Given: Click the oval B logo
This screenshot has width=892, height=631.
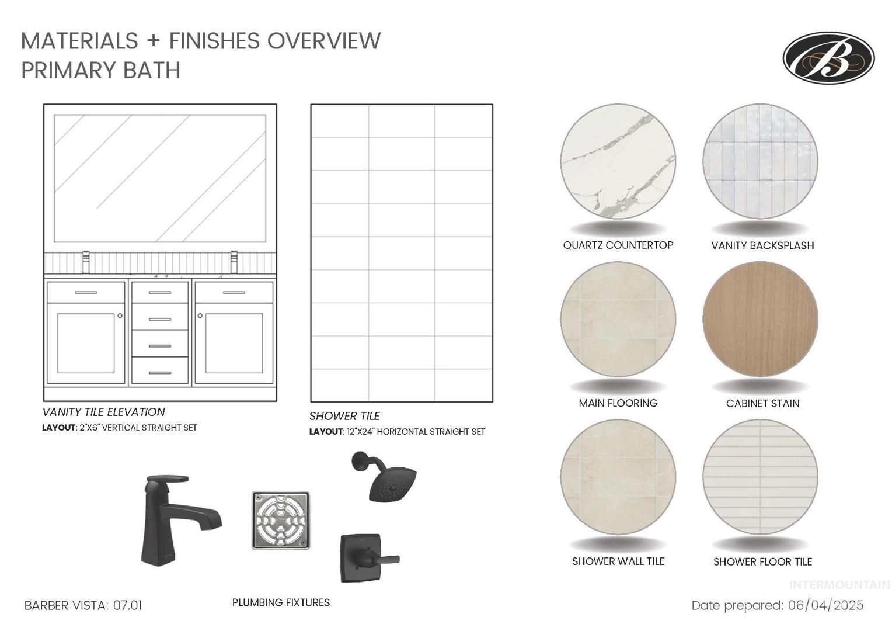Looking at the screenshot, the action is tap(828, 58).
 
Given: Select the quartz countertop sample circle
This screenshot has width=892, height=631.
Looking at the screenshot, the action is tap(618, 161).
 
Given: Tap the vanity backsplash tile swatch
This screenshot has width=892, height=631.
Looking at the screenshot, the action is tap(760, 161).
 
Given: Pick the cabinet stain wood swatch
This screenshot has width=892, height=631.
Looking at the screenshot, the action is tap(760, 319).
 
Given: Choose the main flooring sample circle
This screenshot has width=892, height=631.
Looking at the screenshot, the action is tap(618, 319).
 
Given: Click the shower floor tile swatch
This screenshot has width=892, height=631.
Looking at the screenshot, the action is tap(760, 477).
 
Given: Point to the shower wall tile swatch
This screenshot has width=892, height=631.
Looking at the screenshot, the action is tap(618, 477).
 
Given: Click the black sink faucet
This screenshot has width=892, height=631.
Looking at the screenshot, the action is tap(181, 521).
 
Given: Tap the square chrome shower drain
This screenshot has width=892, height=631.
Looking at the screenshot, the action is tap(281, 521).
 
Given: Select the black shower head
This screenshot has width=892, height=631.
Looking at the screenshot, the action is tap(384, 476).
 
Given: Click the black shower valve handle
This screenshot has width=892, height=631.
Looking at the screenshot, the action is tap(369, 558).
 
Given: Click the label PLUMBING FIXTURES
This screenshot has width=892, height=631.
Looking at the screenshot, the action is tap(281, 602).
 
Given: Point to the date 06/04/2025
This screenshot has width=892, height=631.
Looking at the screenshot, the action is tap(825, 605).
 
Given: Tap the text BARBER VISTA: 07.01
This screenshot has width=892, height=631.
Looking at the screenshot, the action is tap(83, 605).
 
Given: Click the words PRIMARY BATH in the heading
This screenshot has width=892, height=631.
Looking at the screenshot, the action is tap(101, 70).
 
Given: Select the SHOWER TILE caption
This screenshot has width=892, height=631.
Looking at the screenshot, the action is tap(344, 416).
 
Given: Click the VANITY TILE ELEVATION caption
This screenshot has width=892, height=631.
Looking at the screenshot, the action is tap(103, 412).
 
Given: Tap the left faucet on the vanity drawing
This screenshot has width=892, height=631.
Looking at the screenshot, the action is tap(86, 262).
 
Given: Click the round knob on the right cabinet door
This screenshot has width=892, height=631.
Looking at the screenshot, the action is tap(200, 315).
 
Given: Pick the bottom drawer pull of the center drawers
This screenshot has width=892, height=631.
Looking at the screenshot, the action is tap(160, 373).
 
